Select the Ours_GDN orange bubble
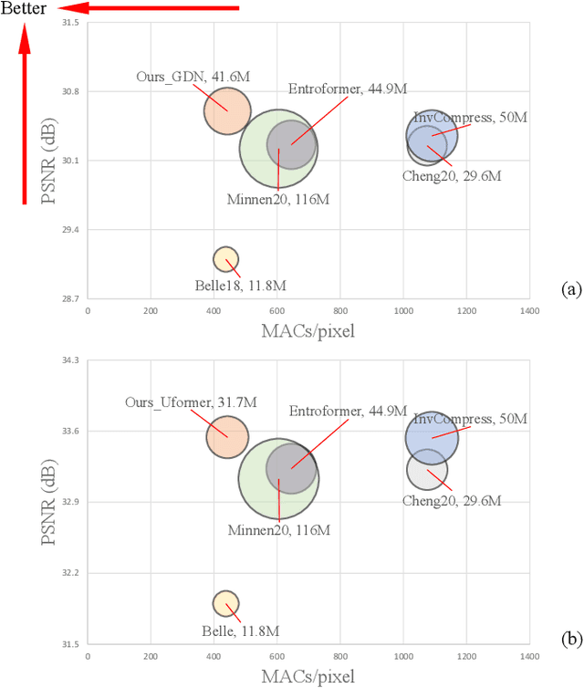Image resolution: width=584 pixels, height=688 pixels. (x=226, y=110)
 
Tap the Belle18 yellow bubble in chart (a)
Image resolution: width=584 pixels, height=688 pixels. (x=225, y=259)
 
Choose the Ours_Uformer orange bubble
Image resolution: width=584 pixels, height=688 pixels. (x=226, y=436)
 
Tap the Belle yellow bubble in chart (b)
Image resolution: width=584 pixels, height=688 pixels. (x=225, y=603)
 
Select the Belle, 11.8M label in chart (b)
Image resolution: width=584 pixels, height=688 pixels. (x=239, y=631)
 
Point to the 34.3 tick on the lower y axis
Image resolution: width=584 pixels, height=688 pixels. (x=71, y=360)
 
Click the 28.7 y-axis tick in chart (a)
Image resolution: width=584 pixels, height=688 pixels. (x=71, y=298)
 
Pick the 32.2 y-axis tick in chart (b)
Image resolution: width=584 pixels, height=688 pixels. (x=71, y=573)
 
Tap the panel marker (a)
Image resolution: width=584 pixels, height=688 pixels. (x=569, y=290)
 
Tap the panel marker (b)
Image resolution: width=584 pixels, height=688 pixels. (x=569, y=639)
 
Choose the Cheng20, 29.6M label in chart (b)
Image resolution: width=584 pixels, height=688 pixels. (x=452, y=501)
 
